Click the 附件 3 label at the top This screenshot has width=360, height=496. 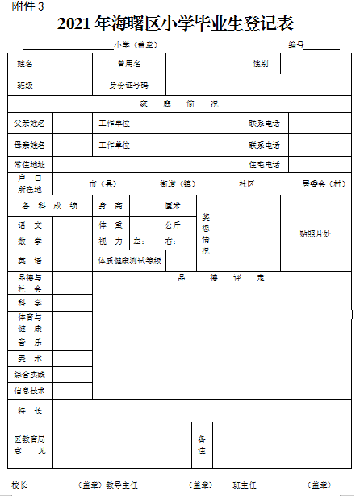pyautogui.click(x=28, y=7)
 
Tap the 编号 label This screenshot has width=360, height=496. pyautogui.click(x=295, y=45)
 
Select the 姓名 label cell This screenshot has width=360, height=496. pyautogui.click(x=26, y=63)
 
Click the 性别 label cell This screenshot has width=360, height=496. pyautogui.click(x=261, y=63)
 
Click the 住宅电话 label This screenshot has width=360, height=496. pyautogui.click(x=264, y=165)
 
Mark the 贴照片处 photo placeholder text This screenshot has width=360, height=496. pyautogui.click(x=315, y=233)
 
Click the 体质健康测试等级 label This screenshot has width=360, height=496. pyautogui.click(x=130, y=260)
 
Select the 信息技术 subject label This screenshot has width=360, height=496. pyautogui.click(x=30, y=390)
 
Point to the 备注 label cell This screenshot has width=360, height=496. pyautogui.click(x=202, y=444)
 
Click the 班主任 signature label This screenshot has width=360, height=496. pyautogui.click(x=244, y=485)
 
